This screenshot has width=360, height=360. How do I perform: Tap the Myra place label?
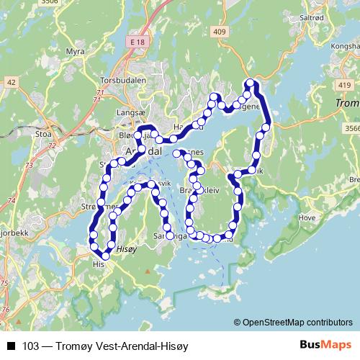tap(76, 52)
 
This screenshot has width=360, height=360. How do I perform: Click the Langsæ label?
tap(130, 113)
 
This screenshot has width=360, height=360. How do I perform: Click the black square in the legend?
tap(11, 346)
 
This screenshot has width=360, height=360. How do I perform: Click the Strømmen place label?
tap(97, 207)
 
